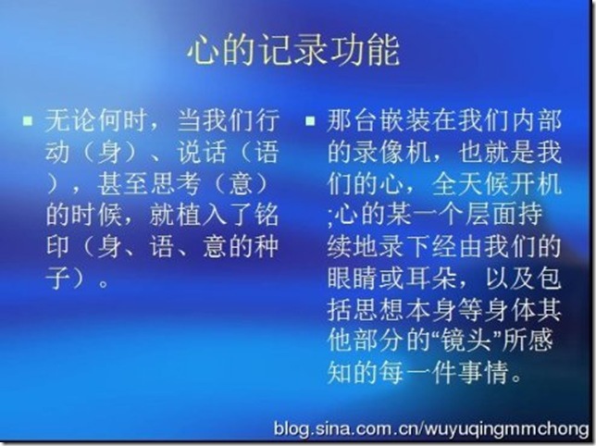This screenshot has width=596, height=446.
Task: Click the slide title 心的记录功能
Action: (x=293, y=51)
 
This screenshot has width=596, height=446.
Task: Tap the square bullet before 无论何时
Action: (x=28, y=121)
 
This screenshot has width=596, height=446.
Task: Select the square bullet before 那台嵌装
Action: (x=310, y=121)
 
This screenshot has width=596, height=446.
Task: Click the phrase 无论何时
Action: (x=96, y=120)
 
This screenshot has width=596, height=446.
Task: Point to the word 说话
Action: (x=202, y=152)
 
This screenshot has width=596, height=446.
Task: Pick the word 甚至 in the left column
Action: (x=122, y=183)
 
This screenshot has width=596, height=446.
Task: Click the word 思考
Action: (x=175, y=183)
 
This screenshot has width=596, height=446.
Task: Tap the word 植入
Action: (x=202, y=215)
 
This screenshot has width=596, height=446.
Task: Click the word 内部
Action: (x=537, y=120)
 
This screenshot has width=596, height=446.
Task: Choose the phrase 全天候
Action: (x=470, y=183)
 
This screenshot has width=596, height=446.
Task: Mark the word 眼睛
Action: (x=353, y=278)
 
